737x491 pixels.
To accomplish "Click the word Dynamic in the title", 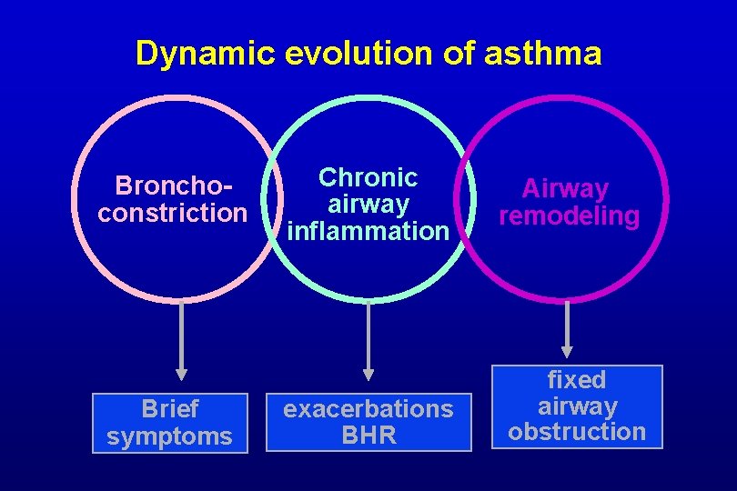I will click(x=206, y=55).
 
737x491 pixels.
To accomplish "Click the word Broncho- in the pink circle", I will click(x=172, y=186).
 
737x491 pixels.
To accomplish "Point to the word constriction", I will click(x=172, y=214).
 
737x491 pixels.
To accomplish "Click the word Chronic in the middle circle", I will click(x=368, y=177).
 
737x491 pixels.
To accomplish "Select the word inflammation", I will click(x=368, y=231).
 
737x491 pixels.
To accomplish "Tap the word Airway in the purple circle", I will click(x=565, y=189).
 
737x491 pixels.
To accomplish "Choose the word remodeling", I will click(x=570, y=216).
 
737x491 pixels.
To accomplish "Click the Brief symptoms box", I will click(x=170, y=423).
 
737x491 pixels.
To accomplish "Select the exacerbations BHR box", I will click(x=368, y=423).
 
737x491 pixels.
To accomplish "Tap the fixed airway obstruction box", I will click(x=577, y=406).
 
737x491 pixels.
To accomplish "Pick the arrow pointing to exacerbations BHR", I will click(x=368, y=341).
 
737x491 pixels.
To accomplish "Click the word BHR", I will click(x=368, y=436).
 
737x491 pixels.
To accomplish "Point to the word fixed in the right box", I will click(x=577, y=379).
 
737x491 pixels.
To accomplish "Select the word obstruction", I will click(x=577, y=432).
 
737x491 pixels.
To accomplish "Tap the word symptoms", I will click(x=170, y=436).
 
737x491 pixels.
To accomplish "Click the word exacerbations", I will click(x=368, y=409).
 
